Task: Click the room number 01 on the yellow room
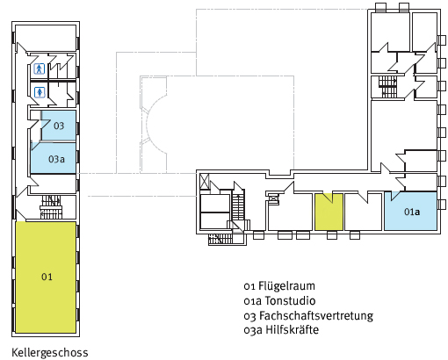(47, 277)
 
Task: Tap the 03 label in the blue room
(59, 126)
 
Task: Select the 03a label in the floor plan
(56, 159)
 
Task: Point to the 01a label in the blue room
(412, 212)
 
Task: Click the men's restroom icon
(39, 69)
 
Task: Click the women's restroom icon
(40, 92)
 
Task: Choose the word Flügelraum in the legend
(286, 286)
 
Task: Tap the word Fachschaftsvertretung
(316, 315)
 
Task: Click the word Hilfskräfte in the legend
(292, 330)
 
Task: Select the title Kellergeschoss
(50, 353)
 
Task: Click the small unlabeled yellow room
(329, 212)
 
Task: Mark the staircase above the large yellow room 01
(51, 207)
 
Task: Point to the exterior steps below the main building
(220, 239)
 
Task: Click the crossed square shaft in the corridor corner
(204, 181)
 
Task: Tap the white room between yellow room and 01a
(364, 212)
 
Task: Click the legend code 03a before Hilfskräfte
(253, 330)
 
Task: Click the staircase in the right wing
(387, 87)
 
